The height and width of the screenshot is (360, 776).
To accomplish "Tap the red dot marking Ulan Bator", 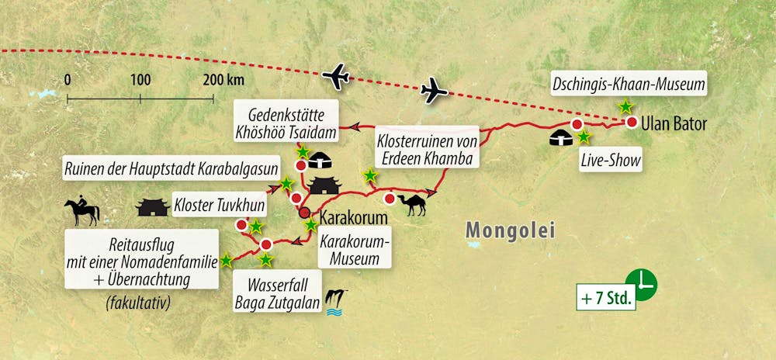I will [632, 123].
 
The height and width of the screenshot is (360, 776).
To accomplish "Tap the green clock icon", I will [642, 283].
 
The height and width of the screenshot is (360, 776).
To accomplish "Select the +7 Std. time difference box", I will [606, 296].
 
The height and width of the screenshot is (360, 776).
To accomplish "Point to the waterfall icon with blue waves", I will [336, 301].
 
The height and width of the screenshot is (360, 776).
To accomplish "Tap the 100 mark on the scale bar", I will [140, 80].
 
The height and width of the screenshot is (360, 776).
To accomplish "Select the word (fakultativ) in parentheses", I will [137, 301].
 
